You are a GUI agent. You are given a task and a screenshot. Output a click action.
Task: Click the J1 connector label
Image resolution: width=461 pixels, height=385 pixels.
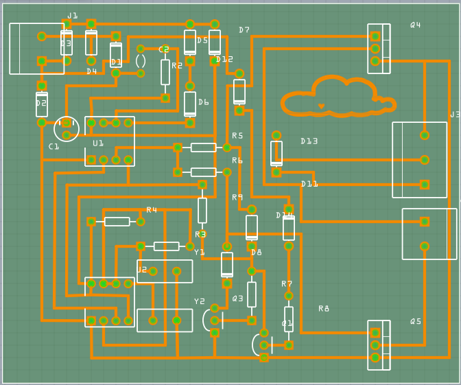click(72, 16)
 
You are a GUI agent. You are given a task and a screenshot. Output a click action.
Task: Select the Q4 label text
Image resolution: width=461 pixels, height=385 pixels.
click(416, 25)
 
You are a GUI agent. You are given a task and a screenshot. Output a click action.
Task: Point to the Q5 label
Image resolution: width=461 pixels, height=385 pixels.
click(416, 322)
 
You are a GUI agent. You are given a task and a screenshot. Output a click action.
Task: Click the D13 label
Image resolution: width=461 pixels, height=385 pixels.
click(309, 141)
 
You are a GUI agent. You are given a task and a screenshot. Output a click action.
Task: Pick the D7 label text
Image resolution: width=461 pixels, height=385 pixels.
click(244, 30)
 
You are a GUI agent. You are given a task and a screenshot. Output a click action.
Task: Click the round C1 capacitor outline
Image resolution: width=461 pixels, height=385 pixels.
click(67, 128)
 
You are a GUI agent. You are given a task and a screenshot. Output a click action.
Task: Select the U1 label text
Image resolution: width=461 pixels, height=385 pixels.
click(98, 143)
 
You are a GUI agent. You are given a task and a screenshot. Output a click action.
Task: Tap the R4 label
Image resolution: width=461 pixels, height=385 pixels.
click(152, 210)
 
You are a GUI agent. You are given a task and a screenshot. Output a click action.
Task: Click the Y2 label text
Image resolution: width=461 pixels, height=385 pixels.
click(200, 301)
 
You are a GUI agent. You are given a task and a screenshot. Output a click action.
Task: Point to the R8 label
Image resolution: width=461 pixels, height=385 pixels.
click(324, 309)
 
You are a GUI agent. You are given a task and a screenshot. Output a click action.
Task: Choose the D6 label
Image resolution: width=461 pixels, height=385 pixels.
click(204, 102)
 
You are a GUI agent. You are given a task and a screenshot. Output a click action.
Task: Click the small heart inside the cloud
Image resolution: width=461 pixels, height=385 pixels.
click(321, 106)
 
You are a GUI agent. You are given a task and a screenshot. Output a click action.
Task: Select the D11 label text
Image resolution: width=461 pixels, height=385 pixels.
click(309, 184)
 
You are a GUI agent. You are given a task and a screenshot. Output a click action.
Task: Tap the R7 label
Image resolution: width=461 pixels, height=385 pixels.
click(287, 284)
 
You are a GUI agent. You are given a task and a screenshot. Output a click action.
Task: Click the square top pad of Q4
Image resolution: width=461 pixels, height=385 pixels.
click(375, 36)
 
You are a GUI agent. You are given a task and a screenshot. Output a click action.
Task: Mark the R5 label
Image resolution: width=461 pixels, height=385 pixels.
click(237, 136)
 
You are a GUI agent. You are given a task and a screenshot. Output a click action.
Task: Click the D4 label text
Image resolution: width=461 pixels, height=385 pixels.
click(92, 71)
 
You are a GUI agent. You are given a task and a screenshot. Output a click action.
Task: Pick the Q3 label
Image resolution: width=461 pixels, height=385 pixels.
click(238, 299)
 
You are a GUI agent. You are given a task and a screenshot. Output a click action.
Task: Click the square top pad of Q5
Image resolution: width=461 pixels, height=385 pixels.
click(375, 333)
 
